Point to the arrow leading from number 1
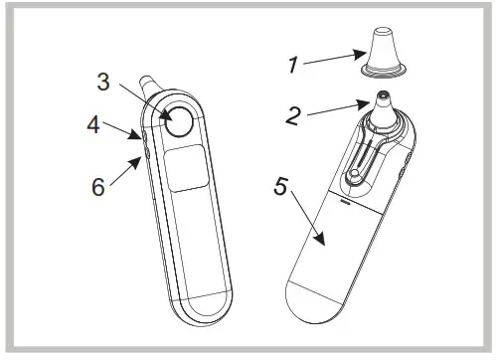[332, 62]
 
